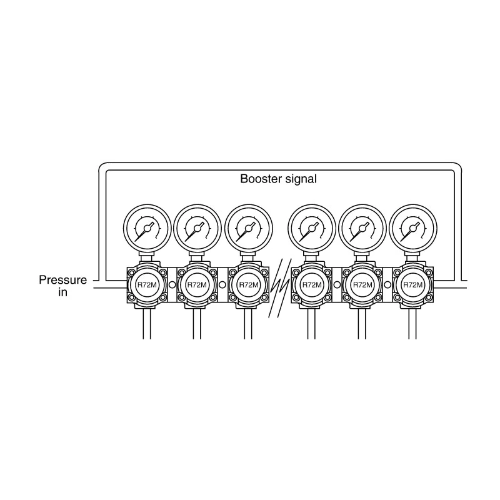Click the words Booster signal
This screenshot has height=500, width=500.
(x=278, y=179)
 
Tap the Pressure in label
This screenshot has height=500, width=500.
(x=63, y=286)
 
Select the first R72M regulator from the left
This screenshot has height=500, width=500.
(x=147, y=285)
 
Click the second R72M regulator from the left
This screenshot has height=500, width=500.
(x=197, y=285)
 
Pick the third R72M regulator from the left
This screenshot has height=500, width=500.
(x=249, y=285)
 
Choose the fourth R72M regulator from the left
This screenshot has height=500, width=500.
(x=311, y=285)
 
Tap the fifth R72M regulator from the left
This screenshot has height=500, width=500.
(x=362, y=285)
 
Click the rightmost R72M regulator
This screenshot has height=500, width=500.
(x=413, y=285)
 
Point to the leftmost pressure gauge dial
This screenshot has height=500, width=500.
(x=147, y=228)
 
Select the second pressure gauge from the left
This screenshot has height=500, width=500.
(x=197, y=228)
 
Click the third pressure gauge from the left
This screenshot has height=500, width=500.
(x=249, y=228)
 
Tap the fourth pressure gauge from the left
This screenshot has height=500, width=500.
(x=311, y=228)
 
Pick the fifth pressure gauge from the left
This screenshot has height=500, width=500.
(x=362, y=228)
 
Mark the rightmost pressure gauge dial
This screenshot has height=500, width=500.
(x=413, y=228)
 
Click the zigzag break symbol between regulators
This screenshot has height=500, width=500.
(x=280, y=287)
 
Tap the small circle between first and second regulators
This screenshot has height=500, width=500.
(x=172, y=284)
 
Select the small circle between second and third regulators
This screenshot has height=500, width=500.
(x=223, y=284)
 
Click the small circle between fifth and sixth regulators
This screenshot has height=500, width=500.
(x=387, y=284)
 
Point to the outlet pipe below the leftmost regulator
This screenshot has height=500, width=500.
(x=147, y=324)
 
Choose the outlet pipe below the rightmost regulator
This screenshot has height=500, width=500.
(x=412, y=324)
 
